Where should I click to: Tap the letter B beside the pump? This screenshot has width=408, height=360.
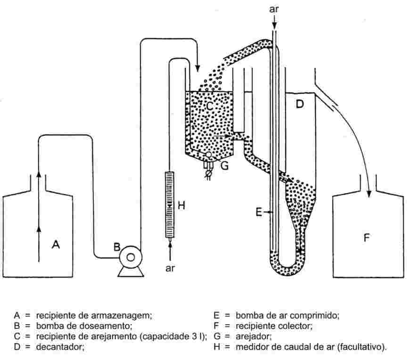coord(117,246)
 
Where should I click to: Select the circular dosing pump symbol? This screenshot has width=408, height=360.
coord(131,257)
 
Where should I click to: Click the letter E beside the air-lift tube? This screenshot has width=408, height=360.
coord(259,213)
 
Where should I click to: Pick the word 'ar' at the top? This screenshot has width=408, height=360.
coord(274,8)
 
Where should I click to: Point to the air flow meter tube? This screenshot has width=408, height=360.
coord(170,205)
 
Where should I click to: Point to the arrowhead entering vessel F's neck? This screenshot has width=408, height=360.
coord(369,192)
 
